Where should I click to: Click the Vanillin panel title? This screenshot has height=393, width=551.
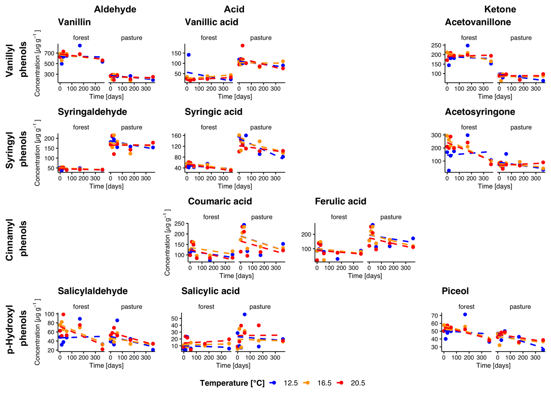pos(74,22)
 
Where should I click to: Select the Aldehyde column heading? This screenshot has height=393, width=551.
pos(115,9)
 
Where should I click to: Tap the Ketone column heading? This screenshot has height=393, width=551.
pos(500,9)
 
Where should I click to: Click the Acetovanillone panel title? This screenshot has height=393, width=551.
pos(478,22)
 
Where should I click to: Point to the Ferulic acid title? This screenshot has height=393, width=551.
pos(340,201)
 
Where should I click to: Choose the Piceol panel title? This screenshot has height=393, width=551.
pos(455,291)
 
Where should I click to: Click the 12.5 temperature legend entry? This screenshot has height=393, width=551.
pos(290,383)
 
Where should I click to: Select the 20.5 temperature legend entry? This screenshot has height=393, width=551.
pos(358,383)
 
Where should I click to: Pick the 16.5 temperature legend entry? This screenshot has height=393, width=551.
pos(324,383)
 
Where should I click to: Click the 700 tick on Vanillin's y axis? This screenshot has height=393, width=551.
pos(49,53)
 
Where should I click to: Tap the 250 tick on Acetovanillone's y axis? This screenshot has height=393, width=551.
pos(436,45)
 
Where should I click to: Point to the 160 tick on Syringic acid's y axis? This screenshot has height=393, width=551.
pos(176,136)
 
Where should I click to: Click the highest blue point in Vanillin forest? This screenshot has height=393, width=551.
pos(80,46)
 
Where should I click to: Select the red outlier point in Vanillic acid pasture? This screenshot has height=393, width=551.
pos(242,46)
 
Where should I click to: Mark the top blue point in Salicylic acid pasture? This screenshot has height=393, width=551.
pos(245,315)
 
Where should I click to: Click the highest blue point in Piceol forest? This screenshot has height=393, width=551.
pos(465,315)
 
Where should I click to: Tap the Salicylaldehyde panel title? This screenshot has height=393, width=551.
pos(93,291)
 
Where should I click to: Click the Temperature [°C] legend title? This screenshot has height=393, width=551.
pos(232,383)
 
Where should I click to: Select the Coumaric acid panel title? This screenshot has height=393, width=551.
pos(220,201)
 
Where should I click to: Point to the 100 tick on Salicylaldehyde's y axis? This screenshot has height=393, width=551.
pos(49,314)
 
